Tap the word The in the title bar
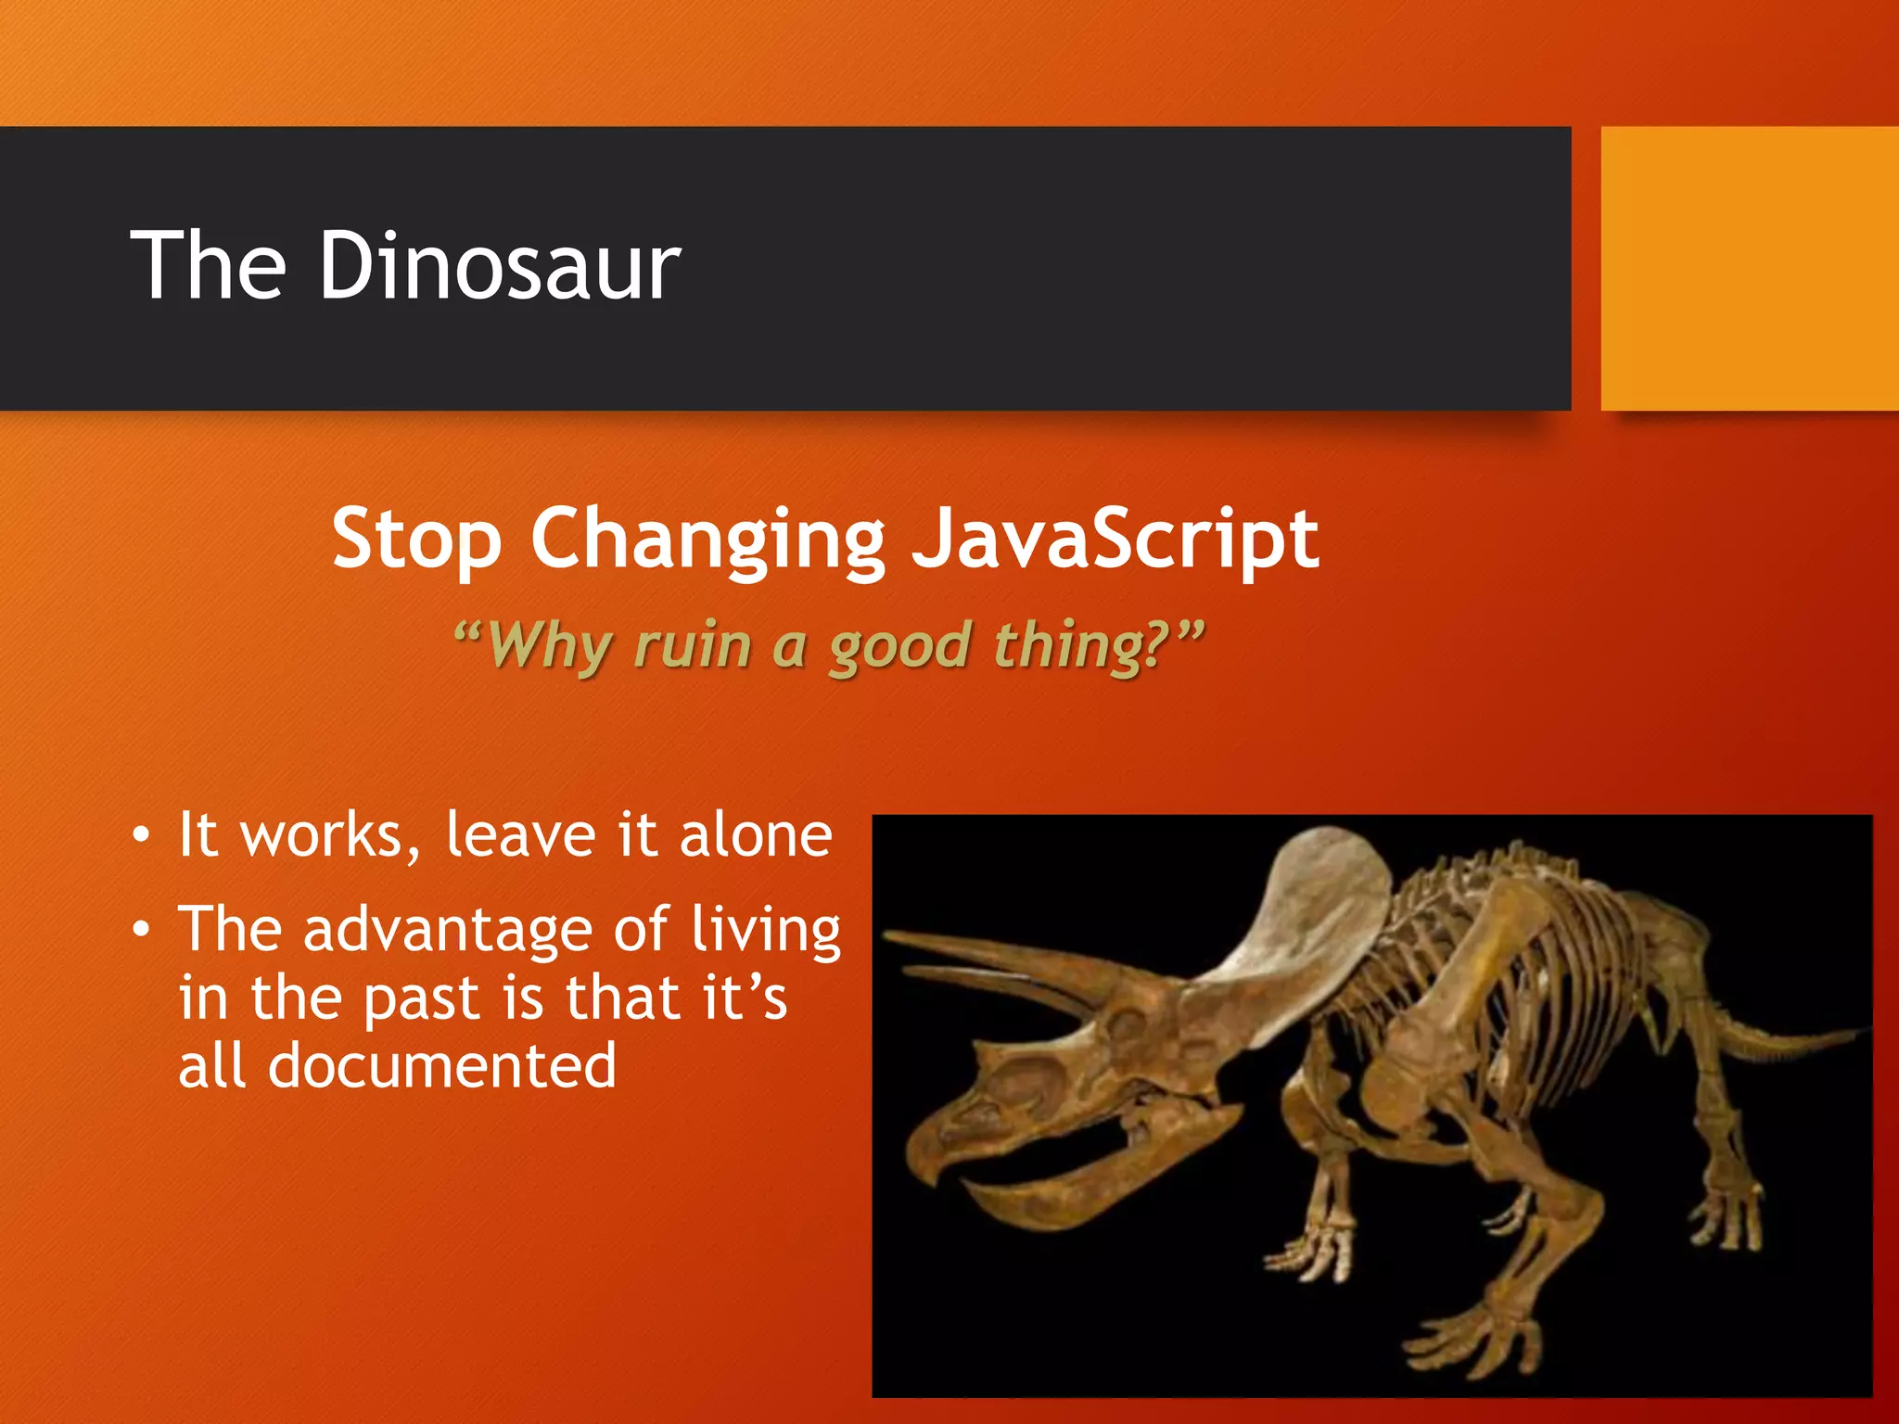click(208, 267)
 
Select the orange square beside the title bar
click(1749, 269)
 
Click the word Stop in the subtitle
click(416, 540)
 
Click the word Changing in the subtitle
click(707, 540)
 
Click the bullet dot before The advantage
click(140, 930)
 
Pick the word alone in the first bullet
click(755, 835)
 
